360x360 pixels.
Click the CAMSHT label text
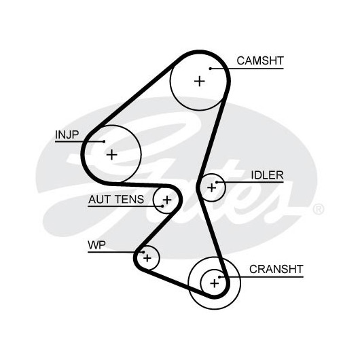[260, 61]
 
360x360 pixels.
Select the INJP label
[67, 134]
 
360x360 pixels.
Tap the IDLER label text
[267, 175]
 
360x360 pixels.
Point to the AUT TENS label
[116, 199]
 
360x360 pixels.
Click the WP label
[96, 245]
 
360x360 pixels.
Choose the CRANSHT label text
[276, 269]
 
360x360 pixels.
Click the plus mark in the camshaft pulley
[200, 82]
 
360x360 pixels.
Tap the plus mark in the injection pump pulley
[112, 154]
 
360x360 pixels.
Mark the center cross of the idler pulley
[211, 187]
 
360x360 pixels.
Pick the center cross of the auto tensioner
[167, 200]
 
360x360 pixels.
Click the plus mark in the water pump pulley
[147, 258]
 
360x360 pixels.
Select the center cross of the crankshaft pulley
[215, 283]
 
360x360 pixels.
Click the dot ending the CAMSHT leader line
[211, 69]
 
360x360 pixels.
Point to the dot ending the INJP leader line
[104, 141]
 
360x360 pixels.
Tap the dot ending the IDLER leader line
[217, 182]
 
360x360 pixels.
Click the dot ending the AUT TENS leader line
[162, 206]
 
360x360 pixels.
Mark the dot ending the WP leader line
[143, 252]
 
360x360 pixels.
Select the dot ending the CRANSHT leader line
[219, 277]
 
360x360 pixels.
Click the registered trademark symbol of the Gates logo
[319, 209]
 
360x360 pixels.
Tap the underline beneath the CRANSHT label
[262, 277]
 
